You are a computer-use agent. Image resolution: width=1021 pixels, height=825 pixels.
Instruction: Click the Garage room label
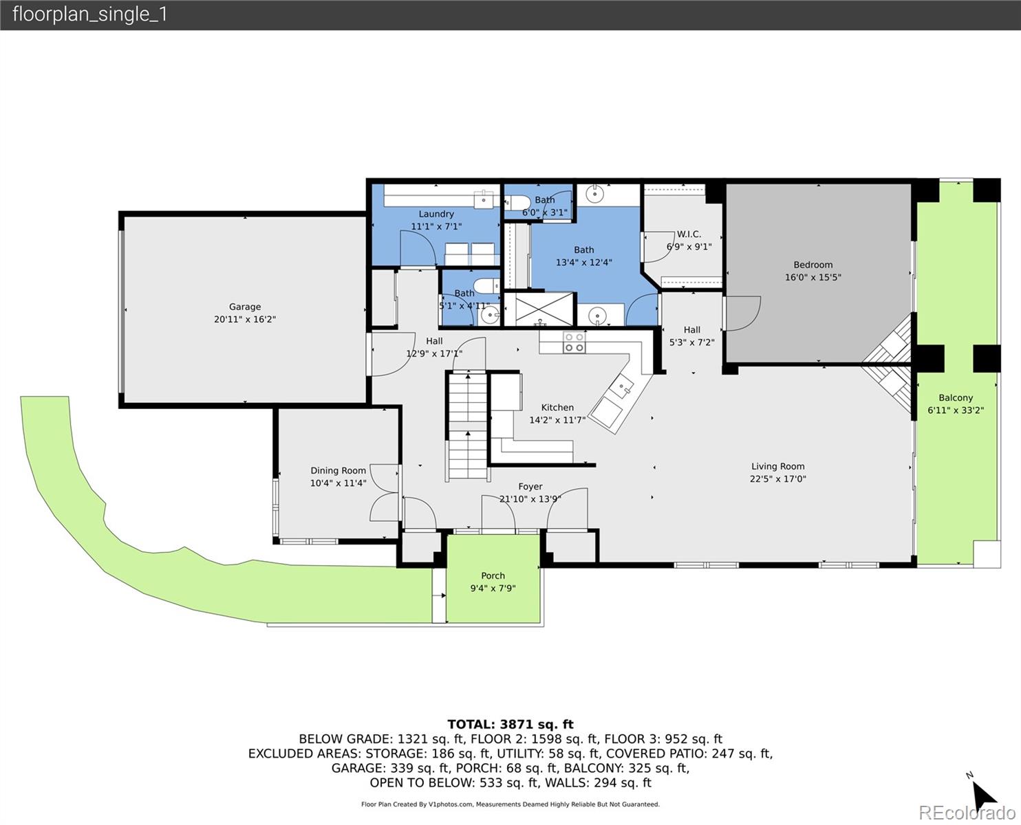point(245,307)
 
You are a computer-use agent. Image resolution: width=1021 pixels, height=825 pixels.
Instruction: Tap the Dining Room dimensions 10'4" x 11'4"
point(338,483)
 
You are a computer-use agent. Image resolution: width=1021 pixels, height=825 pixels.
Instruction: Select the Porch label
point(493,575)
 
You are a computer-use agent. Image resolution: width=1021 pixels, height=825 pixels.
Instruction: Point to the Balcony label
point(956,397)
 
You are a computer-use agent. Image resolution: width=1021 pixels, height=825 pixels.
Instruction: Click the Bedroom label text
point(813,265)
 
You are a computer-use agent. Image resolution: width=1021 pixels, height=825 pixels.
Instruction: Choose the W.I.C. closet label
point(689,234)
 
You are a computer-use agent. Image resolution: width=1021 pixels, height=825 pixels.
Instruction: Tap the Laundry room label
point(436,214)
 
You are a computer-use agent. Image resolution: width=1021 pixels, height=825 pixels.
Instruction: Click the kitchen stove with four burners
point(574,342)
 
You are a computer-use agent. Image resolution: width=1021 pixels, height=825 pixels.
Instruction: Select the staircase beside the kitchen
point(467,426)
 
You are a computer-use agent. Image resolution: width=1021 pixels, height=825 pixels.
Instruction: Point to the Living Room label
point(777,466)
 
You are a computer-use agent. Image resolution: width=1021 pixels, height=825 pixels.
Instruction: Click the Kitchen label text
point(557,407)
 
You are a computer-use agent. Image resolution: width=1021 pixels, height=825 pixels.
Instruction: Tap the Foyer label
point(530,486)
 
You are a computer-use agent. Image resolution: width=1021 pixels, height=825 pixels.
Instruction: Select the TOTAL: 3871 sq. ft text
point(510,724)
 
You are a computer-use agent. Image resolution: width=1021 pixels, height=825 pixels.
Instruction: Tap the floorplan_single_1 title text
point(90,14)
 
